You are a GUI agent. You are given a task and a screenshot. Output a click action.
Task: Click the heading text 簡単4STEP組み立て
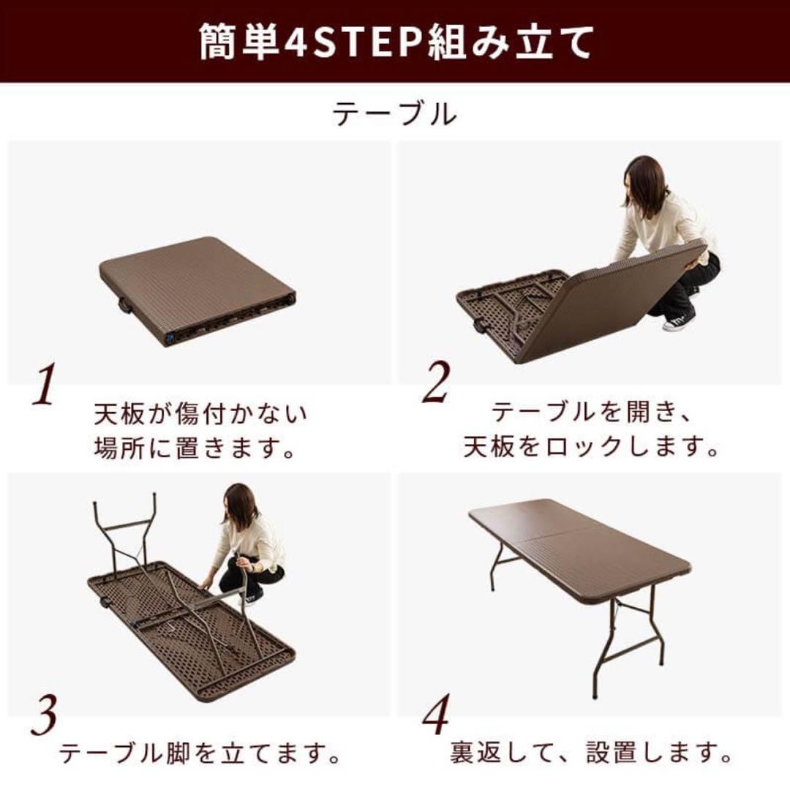coord(395,42)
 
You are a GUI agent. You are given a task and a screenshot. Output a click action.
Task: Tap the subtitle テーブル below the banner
coord(395,115)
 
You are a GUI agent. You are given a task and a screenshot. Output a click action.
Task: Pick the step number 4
coord(436,718)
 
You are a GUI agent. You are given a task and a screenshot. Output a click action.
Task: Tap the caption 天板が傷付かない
coord(200,415)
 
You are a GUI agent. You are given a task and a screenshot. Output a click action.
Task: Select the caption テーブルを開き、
coord(590,413)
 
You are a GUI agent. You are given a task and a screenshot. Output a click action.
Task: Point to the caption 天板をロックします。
coord(591,447)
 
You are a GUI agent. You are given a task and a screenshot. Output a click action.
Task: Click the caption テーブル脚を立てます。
coord(200,751)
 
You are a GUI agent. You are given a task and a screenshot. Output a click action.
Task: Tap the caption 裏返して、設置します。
coord(591,751)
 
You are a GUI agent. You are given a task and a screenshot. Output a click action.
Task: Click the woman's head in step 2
coord(644,184)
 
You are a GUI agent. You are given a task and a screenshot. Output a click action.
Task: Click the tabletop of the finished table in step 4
coord(578,545)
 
